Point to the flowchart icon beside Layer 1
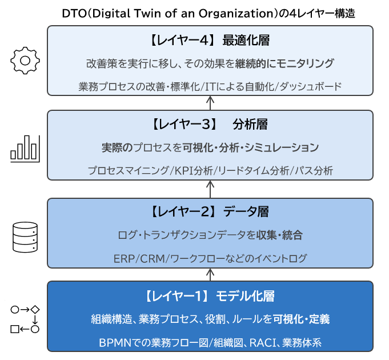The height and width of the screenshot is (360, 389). pyautogui.click(x=25, y=319)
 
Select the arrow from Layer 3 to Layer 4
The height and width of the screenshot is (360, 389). pyautogui.click(x=210, y=102)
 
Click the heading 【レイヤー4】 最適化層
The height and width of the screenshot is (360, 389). pyautogui.click(x=210, y=41)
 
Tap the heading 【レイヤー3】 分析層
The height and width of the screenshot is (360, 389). pyautogui.click(x=210, y=125)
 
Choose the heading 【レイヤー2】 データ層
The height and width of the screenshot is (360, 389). pyautogui.click(x=210, y=211)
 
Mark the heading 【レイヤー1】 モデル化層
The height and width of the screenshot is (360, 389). pyautogui.click(x=210, y=296)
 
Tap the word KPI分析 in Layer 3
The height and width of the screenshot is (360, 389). pyautogui.click(x=194, y=170)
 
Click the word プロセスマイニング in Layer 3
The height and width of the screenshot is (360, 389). pyautogui.click(x=129, y=170)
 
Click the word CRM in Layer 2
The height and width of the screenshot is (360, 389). pyautogui.click(x=152, y=258)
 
